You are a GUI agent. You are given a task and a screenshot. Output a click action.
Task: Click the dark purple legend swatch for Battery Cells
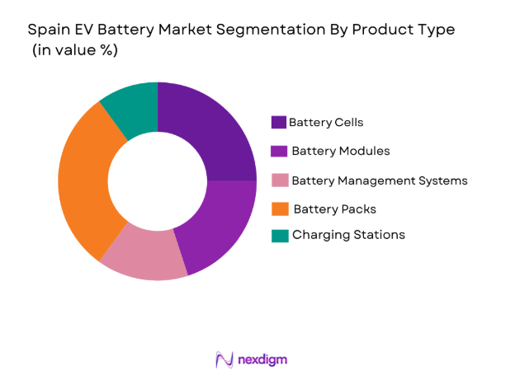pos(279,123)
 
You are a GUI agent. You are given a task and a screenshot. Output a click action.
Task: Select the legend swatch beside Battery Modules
pos(279,152)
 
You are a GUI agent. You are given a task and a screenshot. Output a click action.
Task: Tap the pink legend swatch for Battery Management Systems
pos(279,180)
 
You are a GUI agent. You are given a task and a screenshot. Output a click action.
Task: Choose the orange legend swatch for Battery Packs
pos(279,209)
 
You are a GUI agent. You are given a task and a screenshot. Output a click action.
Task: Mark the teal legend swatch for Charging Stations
pos(279,236)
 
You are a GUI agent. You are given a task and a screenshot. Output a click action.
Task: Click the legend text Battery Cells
pos(326,123)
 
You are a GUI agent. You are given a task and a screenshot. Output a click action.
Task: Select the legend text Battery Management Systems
pos(380,180)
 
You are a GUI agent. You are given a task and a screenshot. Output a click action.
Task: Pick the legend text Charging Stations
pos(348,236)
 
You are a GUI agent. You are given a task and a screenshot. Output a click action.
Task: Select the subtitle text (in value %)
pos(74,50)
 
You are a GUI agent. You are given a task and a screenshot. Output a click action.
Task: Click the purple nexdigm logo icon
pos(224,359)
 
